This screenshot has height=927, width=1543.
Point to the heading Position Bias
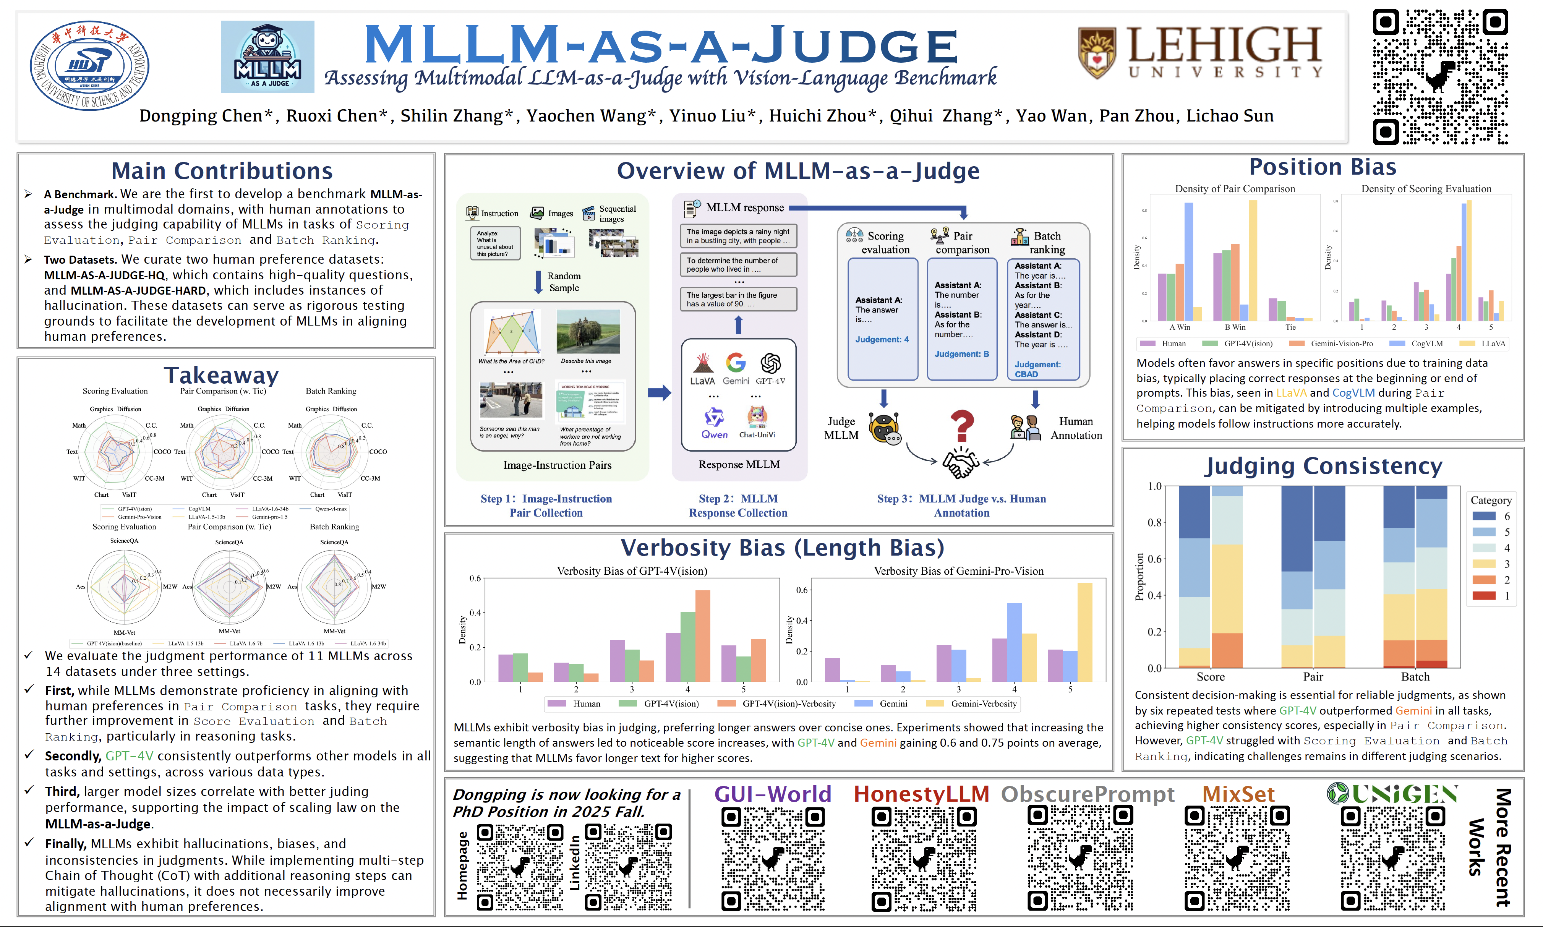(1323, 167)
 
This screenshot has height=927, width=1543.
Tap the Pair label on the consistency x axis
(1313, 676)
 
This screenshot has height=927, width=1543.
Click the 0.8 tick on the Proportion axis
(1154, 522)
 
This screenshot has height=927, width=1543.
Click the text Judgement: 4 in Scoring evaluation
(882, 340)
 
